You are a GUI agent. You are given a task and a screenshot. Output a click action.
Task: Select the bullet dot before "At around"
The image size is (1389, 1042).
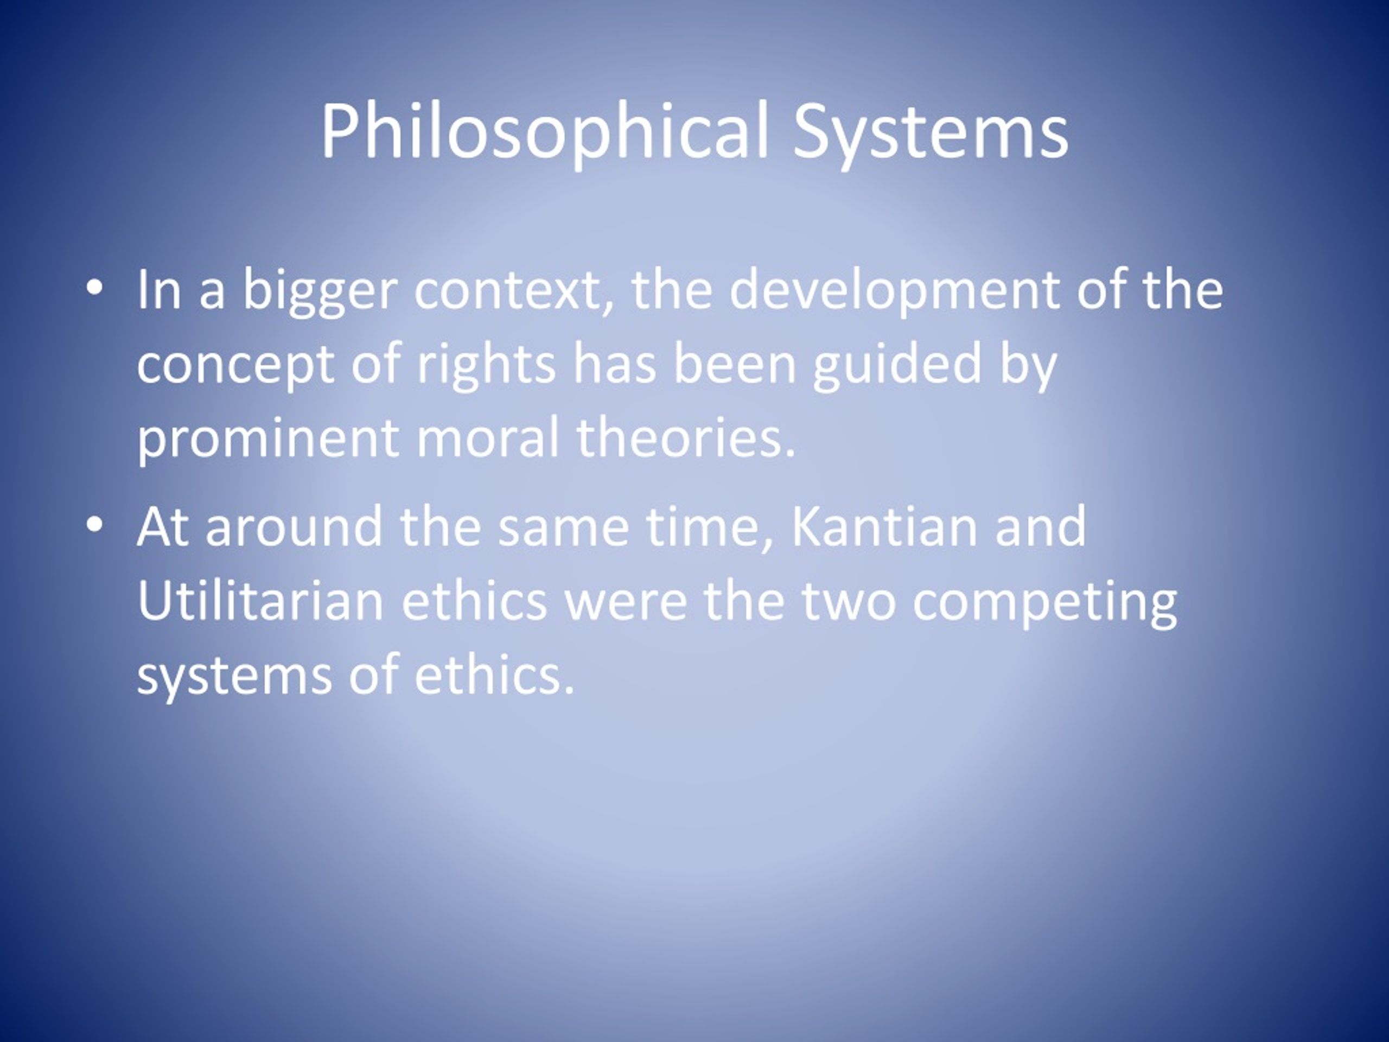coord(94,524)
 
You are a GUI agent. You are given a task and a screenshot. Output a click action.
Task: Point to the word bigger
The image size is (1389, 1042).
coord(320,291)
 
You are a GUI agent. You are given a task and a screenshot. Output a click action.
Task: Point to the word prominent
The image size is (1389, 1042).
coord(267,439)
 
